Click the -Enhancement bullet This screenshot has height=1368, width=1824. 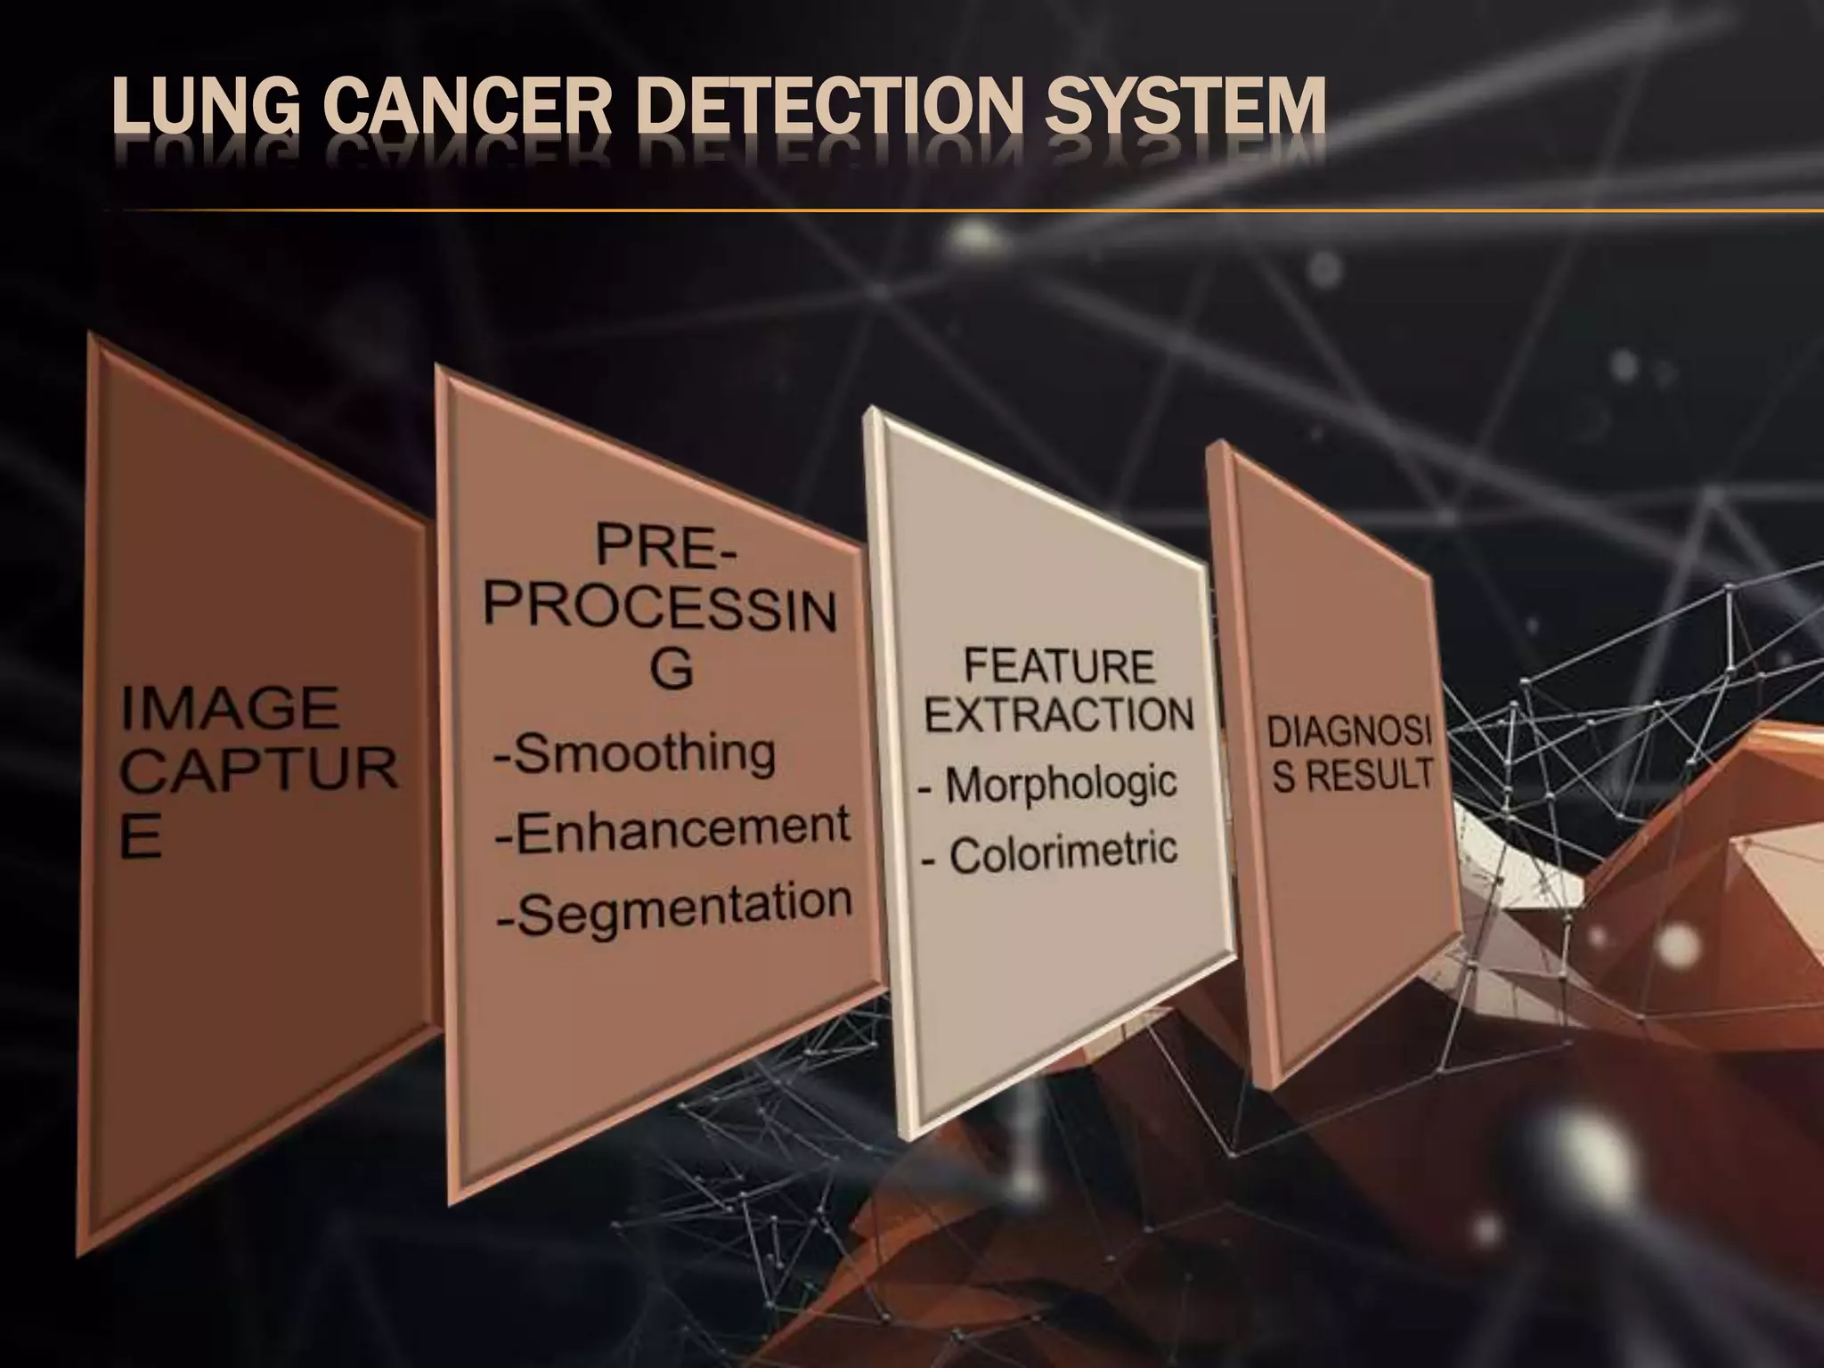[673, 828]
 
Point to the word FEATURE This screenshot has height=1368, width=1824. [1059, 667]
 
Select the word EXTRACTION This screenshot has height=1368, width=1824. [1059, 714]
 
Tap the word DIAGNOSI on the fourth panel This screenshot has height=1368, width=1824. [1349, 736]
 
